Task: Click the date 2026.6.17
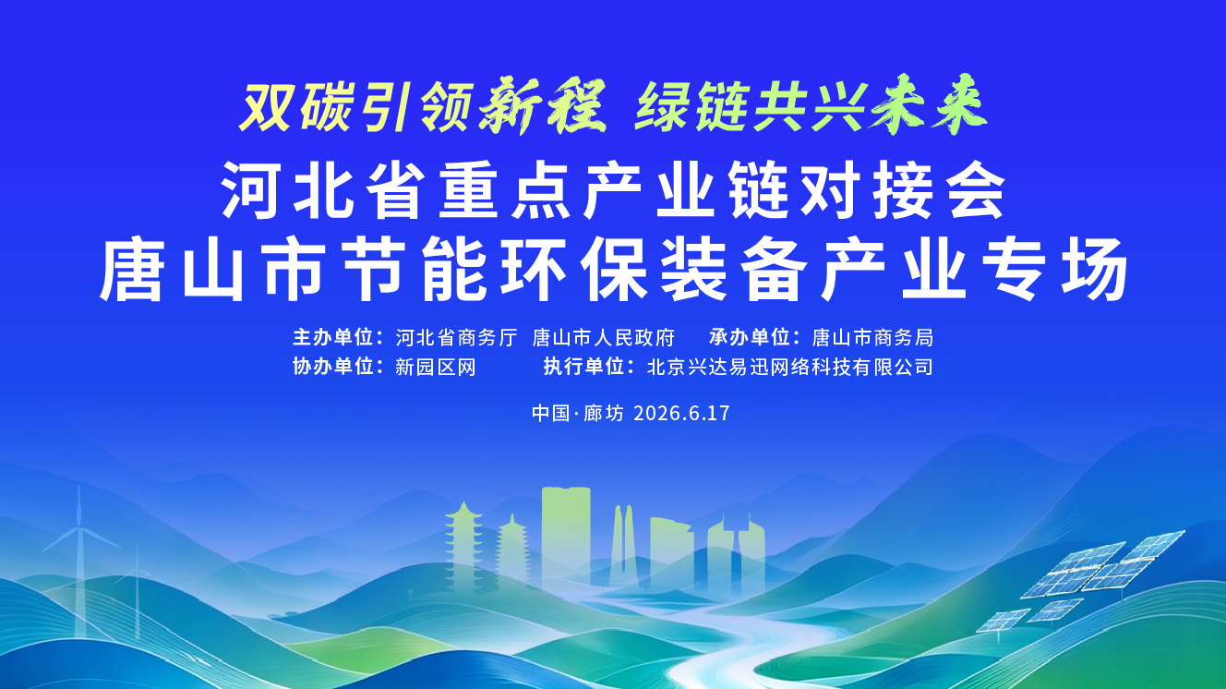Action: pos(681,413)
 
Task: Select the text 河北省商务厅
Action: pos(456,338)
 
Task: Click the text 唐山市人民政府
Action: pos(603,338)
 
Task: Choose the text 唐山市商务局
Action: pos(872,338)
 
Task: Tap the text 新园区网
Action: pos(436,367)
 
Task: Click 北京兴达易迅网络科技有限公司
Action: pos(789,367)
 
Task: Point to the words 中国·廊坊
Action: pos(577,413)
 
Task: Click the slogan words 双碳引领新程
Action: pos(423,107)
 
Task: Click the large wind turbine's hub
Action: pos(80,526)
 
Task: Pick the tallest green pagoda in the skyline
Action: pos(463,547)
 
